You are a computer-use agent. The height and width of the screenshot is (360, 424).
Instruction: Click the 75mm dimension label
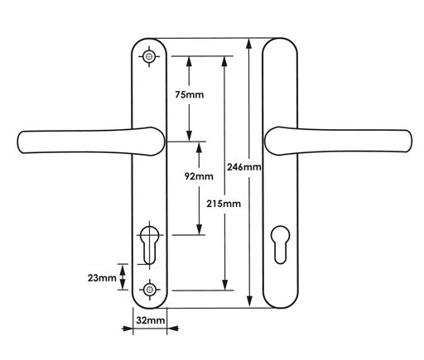(190, 95)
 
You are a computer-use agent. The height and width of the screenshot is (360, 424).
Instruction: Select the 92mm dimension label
(199, 175)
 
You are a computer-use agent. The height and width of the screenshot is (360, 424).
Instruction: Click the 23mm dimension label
(102, 278)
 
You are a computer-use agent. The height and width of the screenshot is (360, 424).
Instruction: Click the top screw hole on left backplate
(150, 55)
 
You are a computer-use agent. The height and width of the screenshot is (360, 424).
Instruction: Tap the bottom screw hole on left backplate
(150, 289)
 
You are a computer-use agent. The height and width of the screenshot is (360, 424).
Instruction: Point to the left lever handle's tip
(22, 142)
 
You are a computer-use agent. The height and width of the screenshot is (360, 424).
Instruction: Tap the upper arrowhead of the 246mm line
(250, 44)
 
